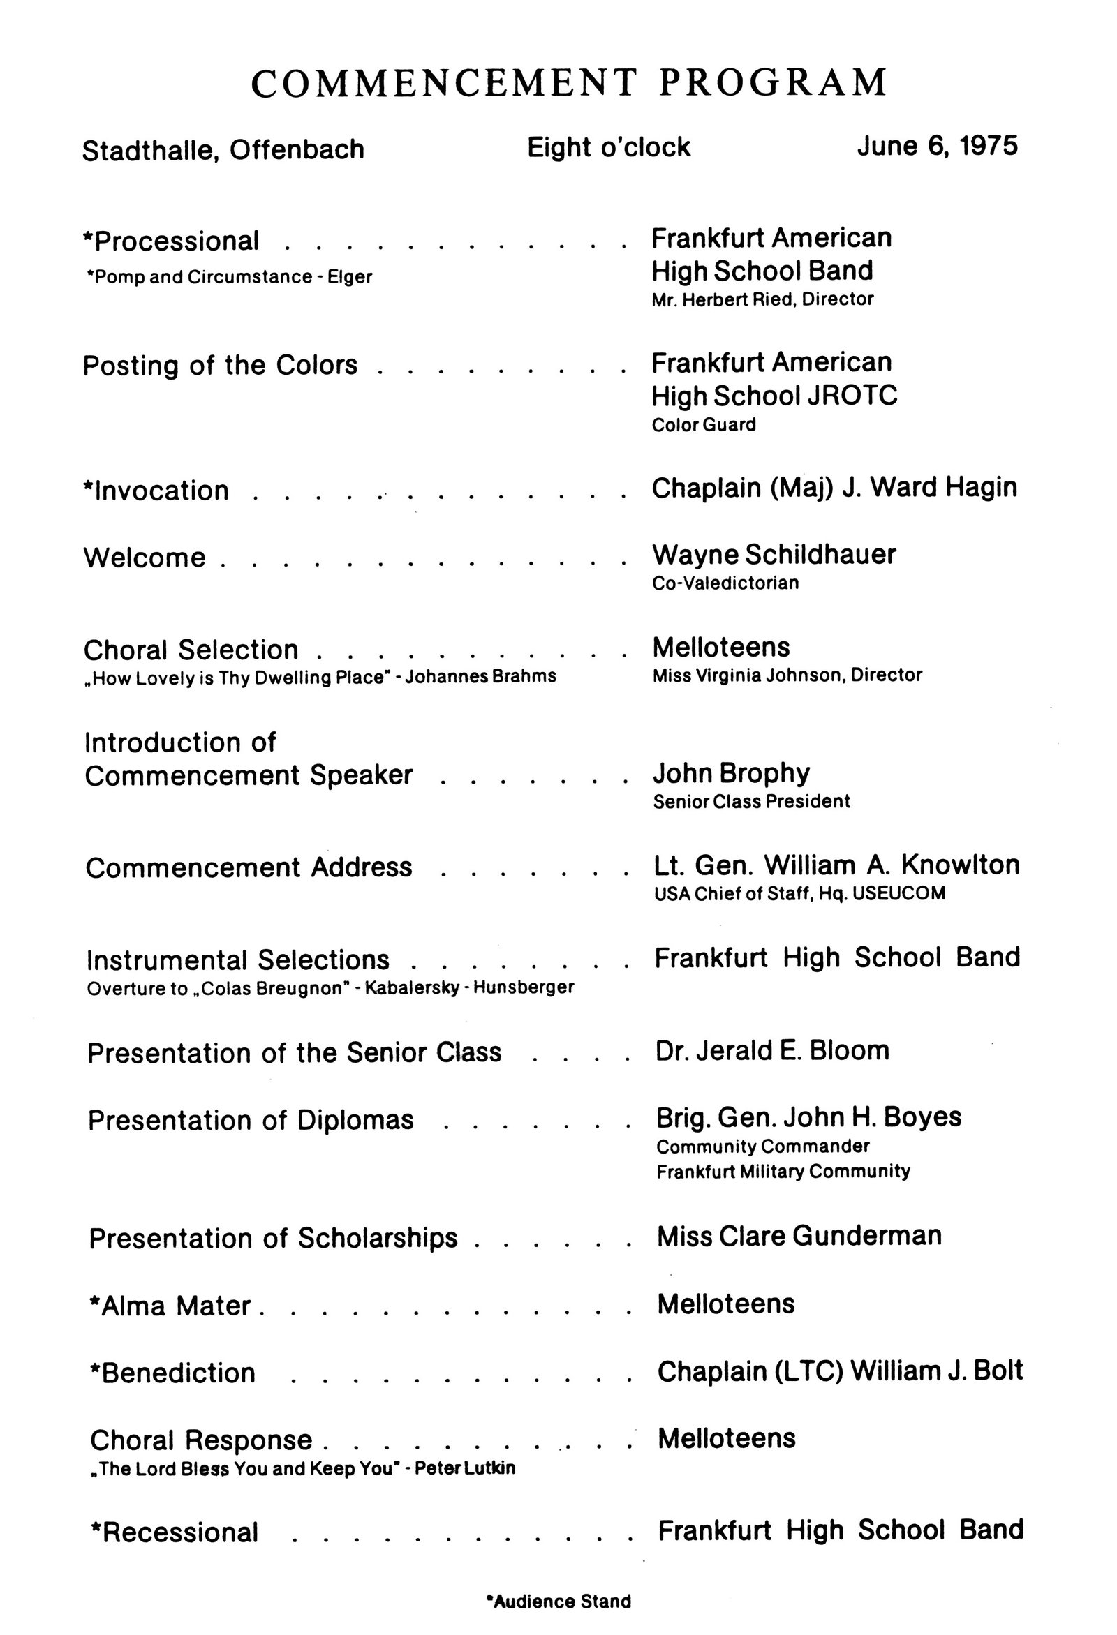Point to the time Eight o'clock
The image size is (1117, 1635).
click(x=609, y=148)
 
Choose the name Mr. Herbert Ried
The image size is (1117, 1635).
click(x=732, y=299)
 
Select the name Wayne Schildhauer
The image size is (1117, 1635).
click(x=774, y=555)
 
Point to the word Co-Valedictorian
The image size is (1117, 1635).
click(x=725, y=583)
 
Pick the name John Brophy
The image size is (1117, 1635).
click(x=731, y=773)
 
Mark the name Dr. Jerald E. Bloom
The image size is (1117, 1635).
click(x=772, y=1050)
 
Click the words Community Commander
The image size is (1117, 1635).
click(x=762, y=1147)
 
